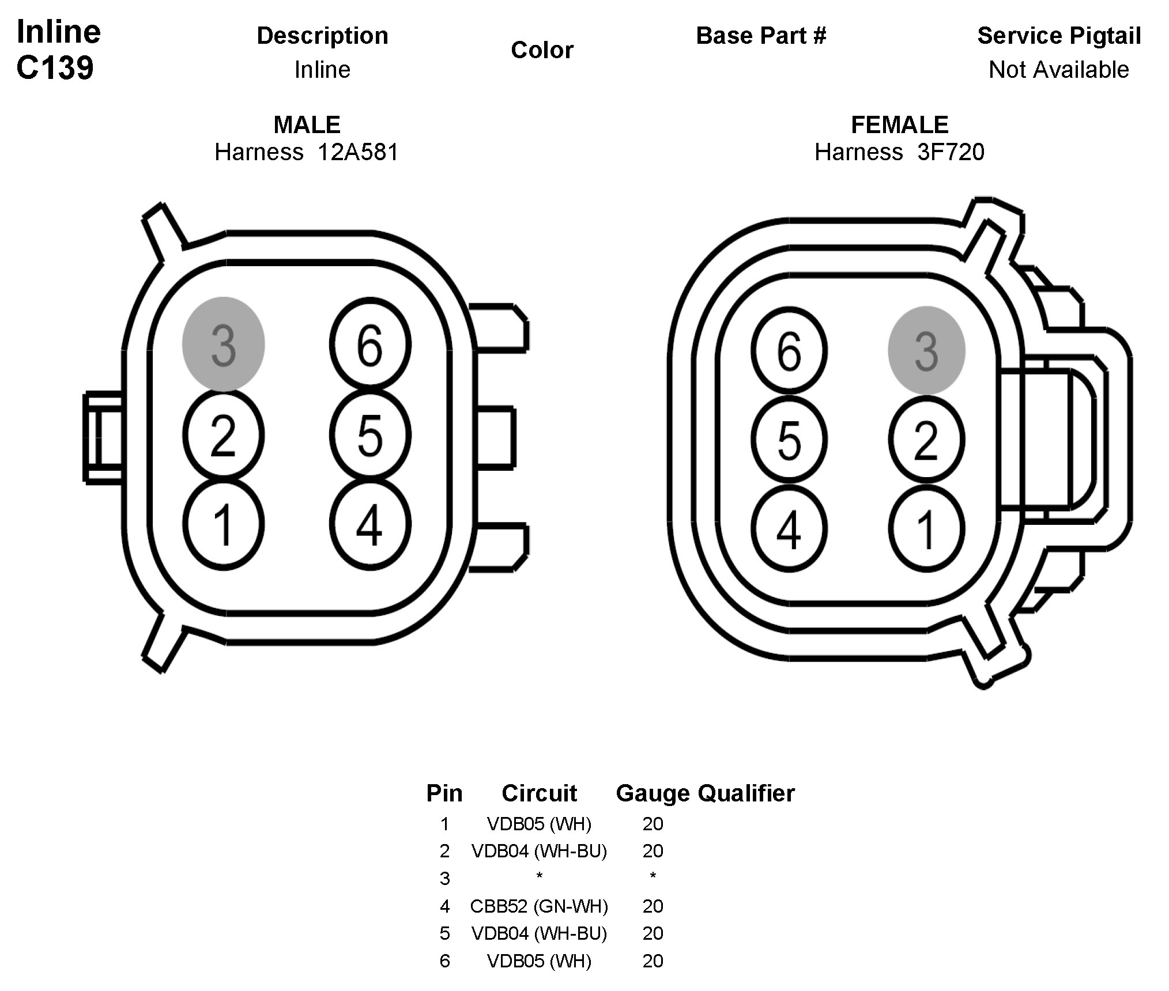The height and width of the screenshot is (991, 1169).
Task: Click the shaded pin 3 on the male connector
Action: click(223, 344)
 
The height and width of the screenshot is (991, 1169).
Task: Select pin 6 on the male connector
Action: click(370, 344)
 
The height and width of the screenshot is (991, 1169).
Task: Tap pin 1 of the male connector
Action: click(223, 524)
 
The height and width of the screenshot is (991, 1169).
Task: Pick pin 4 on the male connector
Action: click(370, 524)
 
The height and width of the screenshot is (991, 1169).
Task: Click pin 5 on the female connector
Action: click(789, 440)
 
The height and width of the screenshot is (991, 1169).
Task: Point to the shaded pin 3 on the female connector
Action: click(926, 350)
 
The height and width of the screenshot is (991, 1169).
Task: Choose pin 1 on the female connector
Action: click(926, 529)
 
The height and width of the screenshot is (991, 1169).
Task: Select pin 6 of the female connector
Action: click(789, 350)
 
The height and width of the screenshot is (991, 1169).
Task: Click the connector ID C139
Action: click(55, 68)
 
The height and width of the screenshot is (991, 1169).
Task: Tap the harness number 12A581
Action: click(357, 152)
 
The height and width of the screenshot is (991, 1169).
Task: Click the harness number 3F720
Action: click(951, 152)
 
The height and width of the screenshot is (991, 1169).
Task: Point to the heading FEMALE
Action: click(899, 124)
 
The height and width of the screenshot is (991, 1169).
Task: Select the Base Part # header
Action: click(761, 36)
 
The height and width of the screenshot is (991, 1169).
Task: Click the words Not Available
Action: click(1058, 70)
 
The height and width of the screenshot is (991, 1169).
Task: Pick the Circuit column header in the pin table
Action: click(539, 793)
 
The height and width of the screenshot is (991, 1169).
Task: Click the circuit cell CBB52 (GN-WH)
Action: click(539, 906)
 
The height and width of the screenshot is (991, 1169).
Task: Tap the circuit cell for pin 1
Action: click(539, 824)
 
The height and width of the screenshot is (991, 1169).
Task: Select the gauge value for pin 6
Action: click(653, 961)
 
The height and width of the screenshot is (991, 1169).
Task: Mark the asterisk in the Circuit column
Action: click(539, 876)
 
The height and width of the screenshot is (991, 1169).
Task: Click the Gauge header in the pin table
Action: click(653, 793)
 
